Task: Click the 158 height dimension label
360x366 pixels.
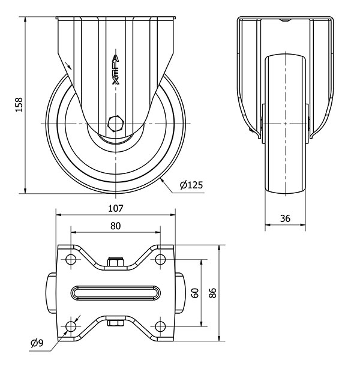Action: (x=19, y=105)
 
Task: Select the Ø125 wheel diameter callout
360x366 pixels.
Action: (x=191, y=185)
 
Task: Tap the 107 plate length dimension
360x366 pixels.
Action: (x=116, y=208)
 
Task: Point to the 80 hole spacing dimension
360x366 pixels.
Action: (x=116, y=226)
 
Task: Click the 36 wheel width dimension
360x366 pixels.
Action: (x=285, y=219)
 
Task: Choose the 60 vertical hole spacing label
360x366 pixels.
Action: (x=195, y=293)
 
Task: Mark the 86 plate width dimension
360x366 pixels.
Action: (x=212, y=293)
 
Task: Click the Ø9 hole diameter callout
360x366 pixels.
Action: (x=37, y=343)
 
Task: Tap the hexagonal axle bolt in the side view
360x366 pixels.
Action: (x=115, y=123)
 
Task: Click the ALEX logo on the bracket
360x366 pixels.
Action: (x=116, y=70)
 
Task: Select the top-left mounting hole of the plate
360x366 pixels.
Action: (x=71, y=259)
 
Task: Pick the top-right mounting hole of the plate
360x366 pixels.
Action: (x=160, y=259)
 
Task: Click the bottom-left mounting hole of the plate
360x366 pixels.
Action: (x=71, y=326)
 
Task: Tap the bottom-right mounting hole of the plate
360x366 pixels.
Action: (x=160, y=326)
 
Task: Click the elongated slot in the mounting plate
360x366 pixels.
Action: (x=116, y=293)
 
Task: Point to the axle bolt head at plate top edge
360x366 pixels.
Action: (x=115, y=262)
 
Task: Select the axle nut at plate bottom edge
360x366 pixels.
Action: (x=115, y=323)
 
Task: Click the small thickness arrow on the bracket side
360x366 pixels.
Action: (x=68, y=65)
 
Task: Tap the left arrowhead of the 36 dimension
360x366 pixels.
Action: (x=268, y=225)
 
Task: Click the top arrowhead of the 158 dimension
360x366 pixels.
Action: (x=25, y=19)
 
